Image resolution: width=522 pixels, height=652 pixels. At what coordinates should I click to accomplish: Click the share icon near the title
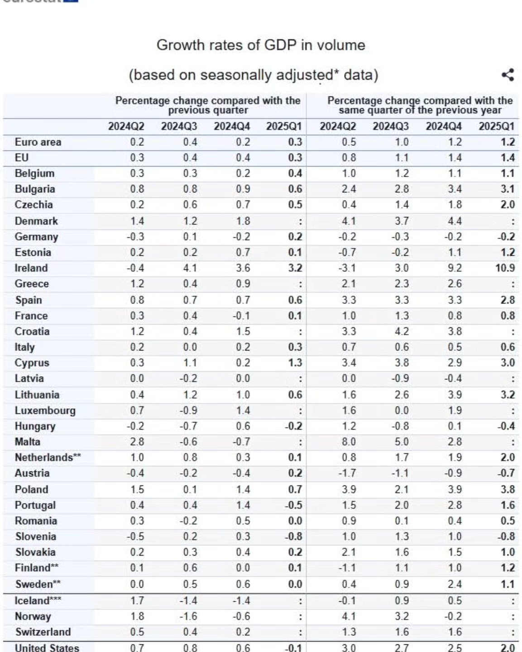[x=508, y=75]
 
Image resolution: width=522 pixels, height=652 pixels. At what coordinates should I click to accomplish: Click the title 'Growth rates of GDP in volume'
[x=261, y=45]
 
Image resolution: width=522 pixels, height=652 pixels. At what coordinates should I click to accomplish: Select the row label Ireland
[x=31, y=268]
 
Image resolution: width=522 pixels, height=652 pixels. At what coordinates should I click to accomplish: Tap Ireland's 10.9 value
[x=505, y=268]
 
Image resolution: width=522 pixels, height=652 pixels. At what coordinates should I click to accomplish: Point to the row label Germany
[x=36, y=237]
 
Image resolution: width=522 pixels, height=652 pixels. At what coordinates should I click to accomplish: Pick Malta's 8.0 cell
[x=349, y=442]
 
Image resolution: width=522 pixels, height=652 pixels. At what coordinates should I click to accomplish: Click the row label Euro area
[x=38, y=142]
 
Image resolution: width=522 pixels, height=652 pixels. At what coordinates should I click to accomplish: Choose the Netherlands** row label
[x=48, y=457]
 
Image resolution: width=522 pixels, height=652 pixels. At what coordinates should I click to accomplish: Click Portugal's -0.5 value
[x=293, y=505]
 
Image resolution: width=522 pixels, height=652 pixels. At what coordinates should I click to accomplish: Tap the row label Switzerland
[x=43, y=632]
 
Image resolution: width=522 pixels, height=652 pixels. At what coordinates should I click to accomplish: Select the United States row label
[x=47, y=647]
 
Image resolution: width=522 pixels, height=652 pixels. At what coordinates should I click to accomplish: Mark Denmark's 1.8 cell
[x=243, y=221]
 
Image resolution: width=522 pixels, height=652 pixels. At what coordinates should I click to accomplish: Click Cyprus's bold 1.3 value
[x=295, y=363]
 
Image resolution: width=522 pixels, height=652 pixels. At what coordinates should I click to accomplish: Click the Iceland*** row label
[x=38, y=601]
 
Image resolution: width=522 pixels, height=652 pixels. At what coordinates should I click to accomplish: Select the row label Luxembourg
[x=45, y=411]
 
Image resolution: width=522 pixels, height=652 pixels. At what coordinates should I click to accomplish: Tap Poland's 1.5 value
[x=137, y=489]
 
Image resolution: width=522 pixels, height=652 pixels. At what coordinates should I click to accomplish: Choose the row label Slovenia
[x=35, y=537]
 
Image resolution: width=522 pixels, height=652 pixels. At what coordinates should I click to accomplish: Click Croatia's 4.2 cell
[x=402, y=331]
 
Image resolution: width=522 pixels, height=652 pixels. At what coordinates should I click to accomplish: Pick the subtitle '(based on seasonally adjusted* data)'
[x=254, y=75]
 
